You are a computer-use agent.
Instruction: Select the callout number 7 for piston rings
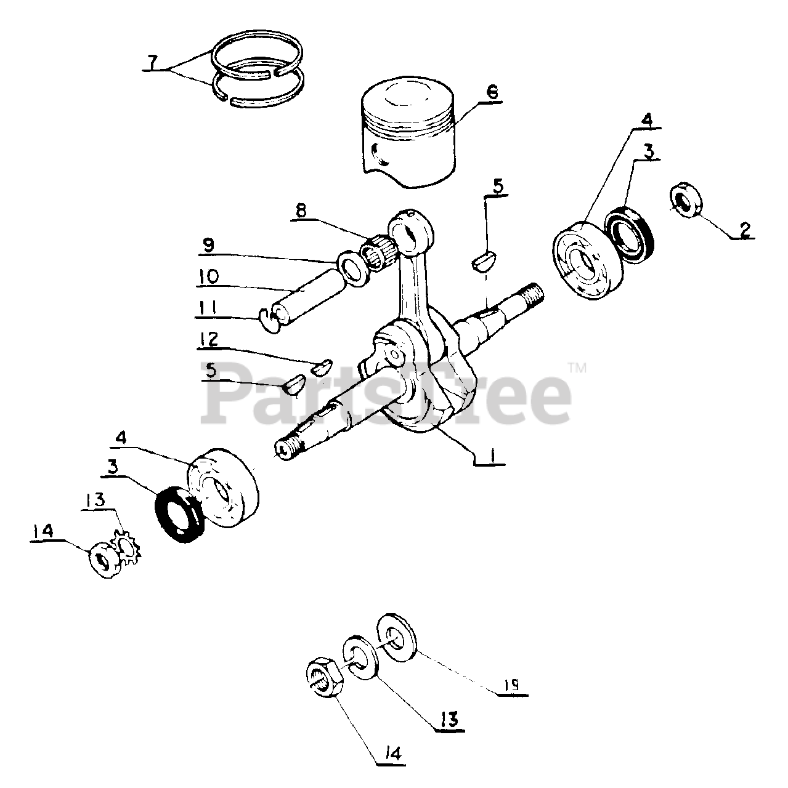coord(153,62)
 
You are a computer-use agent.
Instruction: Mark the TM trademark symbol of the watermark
coord(577,369)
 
